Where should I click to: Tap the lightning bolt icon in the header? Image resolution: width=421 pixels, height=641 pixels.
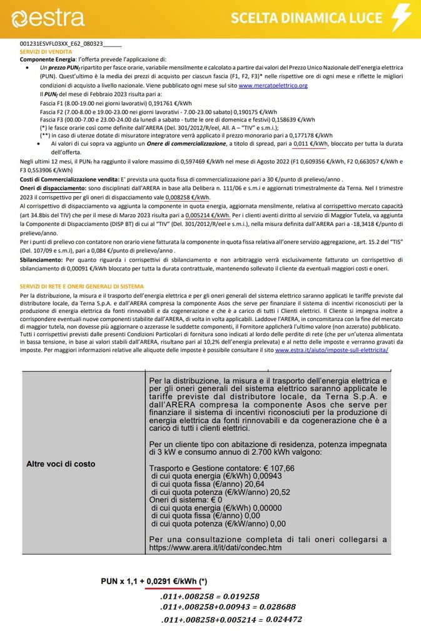pyautogui.click(x=400, y=18)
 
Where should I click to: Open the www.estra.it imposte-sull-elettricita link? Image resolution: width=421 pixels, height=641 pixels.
pyautogui.click(x=332, y=350)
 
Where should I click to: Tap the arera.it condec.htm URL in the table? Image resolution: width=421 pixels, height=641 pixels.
pyautogui.click(x=215, y=548)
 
